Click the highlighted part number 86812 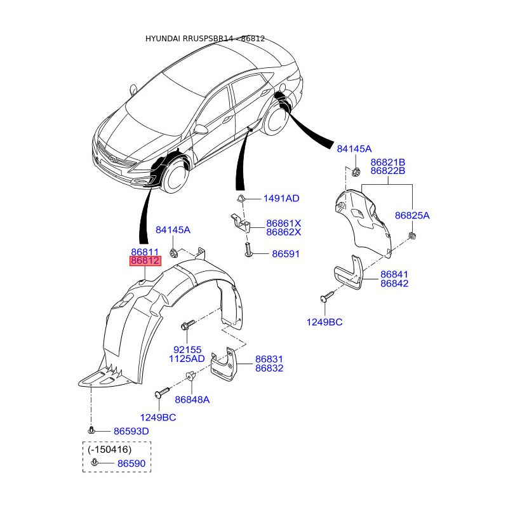pyautogui.click(x=145, y=261)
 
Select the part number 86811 pyautogui.click(x=145, y=252)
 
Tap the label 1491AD pyautogui.click(x=281, y=199)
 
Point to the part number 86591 pyautogui.click(x=285, y=254)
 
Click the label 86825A pyautogui.click(x=412, y=216)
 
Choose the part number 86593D pyautogui.click(x=131, y=432)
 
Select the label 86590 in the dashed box pyautogui.click(x=131, y=464)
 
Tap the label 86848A pyautogui.click(x=192, y=399)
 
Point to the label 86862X pyautogui.click(x=283, y=232)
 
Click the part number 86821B pyautogui.click(x=387, y=162)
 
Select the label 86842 pyautogui.click(x=394, y=283)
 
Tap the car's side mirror pyautogui.click(x=201, y=130)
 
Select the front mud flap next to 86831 pyautogui.click(x=224, y=363)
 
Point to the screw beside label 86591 pyautogui.click(x=248, y=253)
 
